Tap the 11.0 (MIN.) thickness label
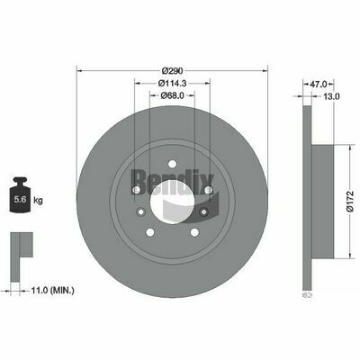[x=50, y=290]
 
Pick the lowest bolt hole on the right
[x=204, y=211]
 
